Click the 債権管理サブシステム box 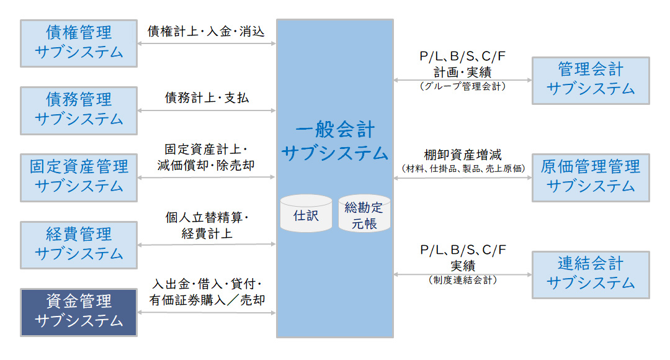pos(79,43)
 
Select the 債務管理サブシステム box pos(79,110)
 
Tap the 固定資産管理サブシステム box pos(79,177)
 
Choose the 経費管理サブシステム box pos(79,245)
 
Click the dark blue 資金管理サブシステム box pos(79,312)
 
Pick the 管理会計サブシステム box pos(591,80)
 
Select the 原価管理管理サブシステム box pos(591,177)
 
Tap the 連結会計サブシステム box pos(591,274)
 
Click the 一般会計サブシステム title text pos(335,142)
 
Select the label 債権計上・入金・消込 pos(206,30)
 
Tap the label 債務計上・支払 pos(207,97)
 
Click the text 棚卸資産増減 pos(463,155)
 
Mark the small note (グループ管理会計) pos(463,86)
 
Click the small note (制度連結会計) pos(463,280)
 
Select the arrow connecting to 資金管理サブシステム pos(207,313)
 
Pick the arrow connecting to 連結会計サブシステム pos(463,274)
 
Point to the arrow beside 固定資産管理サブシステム pos(207,178)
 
